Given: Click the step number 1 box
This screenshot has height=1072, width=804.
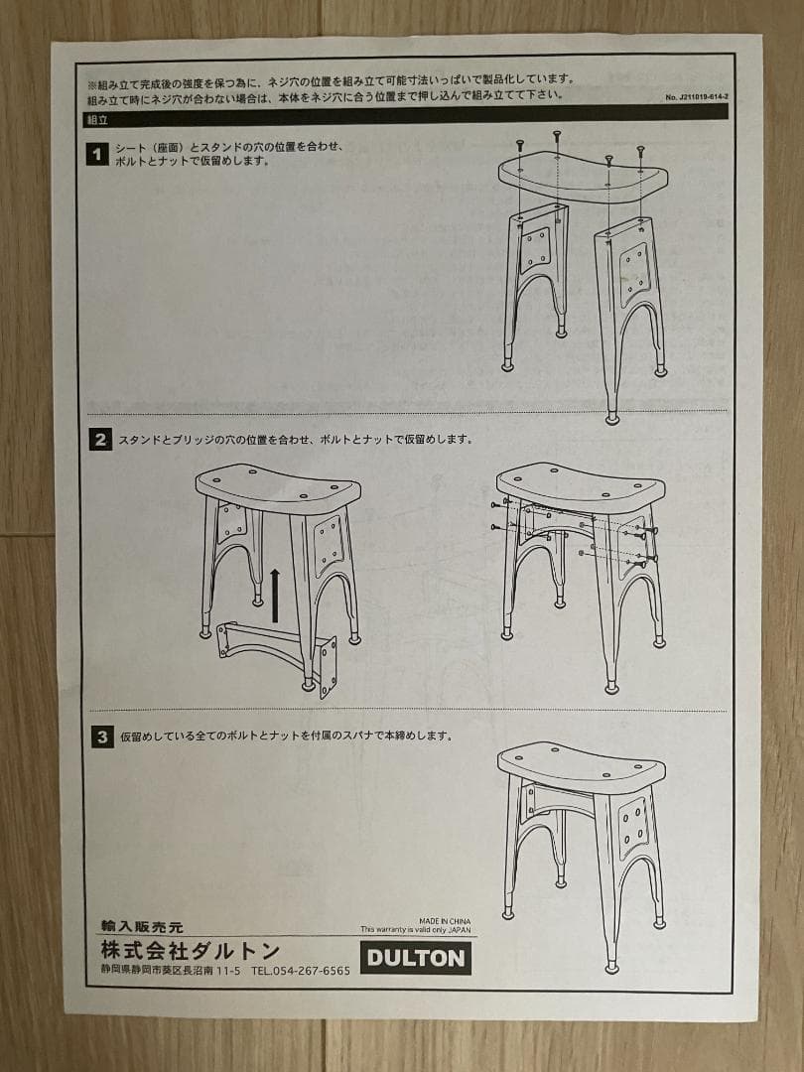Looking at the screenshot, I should click(98, 154).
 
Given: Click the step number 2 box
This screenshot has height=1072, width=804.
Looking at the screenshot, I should click(100, 439).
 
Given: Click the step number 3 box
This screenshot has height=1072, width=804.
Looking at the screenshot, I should click(100, 737).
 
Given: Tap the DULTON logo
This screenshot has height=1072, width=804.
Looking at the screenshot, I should click(415, 958).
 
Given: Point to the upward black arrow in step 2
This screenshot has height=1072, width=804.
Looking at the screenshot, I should click(275, 596).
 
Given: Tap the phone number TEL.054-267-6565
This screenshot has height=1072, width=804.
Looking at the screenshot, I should click(301, 971).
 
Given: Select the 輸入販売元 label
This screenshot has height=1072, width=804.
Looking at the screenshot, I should click(142, 927).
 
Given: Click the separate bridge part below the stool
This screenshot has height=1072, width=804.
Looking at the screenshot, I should click(278, 651).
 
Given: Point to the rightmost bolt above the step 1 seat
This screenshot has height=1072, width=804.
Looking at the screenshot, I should click(641, 152).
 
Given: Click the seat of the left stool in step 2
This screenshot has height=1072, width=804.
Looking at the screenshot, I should click(278, 486).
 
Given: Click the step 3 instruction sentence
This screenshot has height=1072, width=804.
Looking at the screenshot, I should click(287, 737).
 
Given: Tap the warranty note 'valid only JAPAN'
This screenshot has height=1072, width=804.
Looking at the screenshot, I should click(418, 930).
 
